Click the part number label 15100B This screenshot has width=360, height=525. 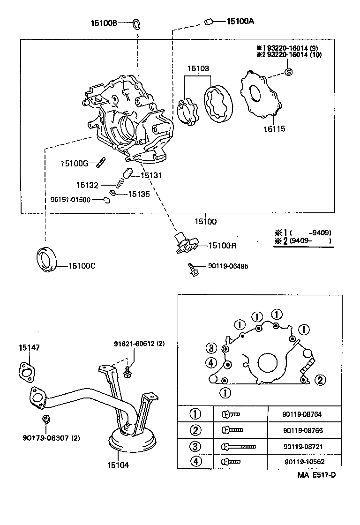[105, 22]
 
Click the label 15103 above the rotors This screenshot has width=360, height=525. [198, 68]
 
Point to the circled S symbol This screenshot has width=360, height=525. [289, 72]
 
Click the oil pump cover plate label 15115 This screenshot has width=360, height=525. [274, 128]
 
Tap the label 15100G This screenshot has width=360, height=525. [75, 163]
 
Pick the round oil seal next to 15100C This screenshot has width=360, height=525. [47, 258]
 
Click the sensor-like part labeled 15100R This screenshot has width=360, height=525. [185, 243]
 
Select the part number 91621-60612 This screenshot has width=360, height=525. [139, 343]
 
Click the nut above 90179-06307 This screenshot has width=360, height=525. [45, 419]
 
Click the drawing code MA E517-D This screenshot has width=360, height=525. [316, 475]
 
